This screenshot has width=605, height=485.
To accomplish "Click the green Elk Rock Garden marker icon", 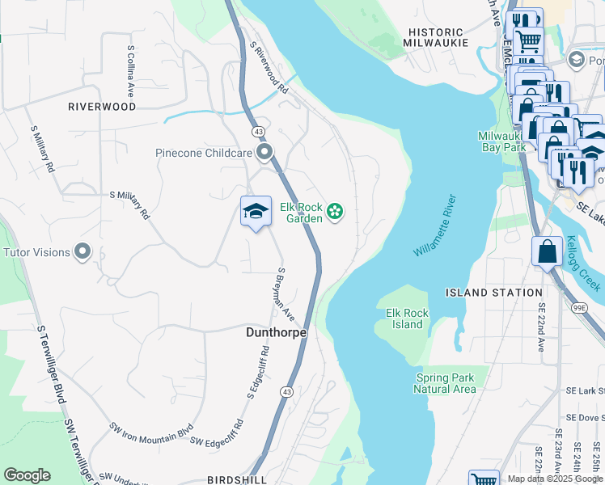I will pos(335,213).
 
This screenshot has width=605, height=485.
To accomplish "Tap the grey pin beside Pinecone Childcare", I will pos(264,152).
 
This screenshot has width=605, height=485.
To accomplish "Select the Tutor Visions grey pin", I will pos(82,252).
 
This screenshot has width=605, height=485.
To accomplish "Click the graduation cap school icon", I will pos(256,212).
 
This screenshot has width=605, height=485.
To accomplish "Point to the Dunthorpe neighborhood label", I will pos(276,331).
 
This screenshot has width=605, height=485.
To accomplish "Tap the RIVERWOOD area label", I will pos(102,107).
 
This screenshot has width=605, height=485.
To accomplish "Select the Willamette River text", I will pos(435,226).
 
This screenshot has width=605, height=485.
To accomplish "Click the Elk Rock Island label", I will pos(407,318).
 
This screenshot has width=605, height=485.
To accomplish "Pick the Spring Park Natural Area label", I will pos(444,383).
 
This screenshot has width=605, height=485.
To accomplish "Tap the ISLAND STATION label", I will pos(494,293).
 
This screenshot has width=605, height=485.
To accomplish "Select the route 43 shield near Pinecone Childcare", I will pos(258,131).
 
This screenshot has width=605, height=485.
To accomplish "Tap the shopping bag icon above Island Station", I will pos(548,251).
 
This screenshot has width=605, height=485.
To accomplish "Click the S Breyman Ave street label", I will pos(286,293).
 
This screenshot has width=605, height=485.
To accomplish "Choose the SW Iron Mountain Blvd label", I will pos(151,431).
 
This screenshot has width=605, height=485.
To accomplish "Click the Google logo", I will pos(27,475).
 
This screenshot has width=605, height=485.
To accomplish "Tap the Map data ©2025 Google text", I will pos(555,479).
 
